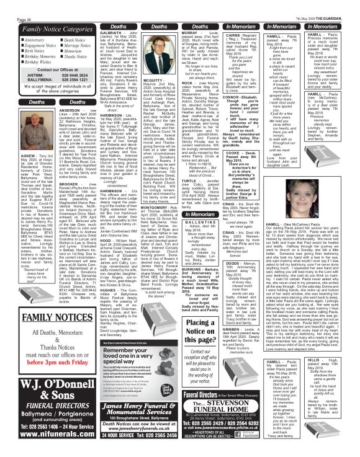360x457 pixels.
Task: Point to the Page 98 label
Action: point(11,4)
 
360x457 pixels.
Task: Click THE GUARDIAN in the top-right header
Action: point(338,4)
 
